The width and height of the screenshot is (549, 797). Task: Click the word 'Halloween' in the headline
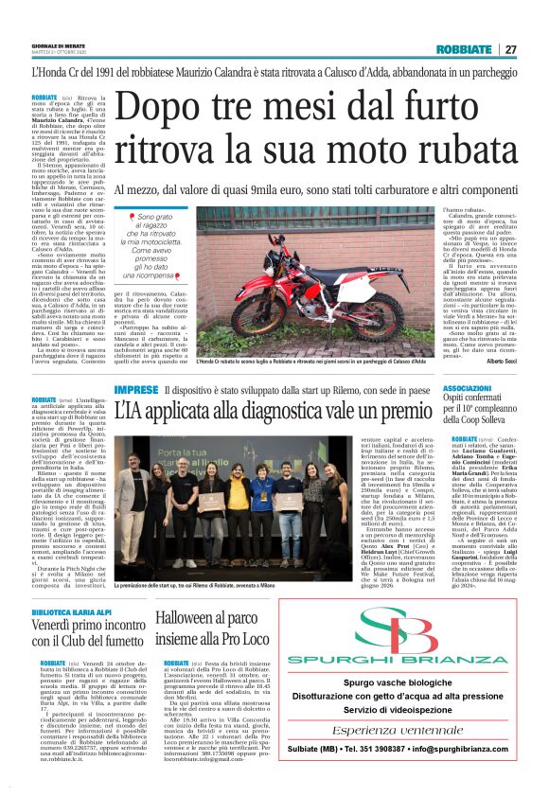pyautogui.click(x=195, y=619)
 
